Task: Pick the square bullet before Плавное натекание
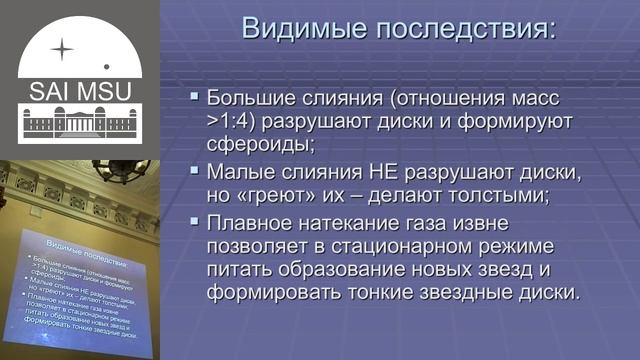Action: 195,221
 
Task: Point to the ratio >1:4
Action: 234,122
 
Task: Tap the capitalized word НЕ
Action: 386,171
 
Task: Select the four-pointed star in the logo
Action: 63,47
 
